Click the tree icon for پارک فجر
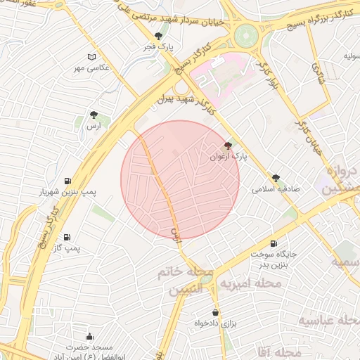pyautogui.click(x=159, y=36)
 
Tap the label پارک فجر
pyautogui.click(x=159, y=46)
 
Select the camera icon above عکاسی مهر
pyautogui.click(x=91, y=57)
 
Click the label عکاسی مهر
pyautogui.click(x=91, y=67)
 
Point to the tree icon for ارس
pyautogui.click(x=92, y=114)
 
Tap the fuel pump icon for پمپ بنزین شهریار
pyautogui.click(x=67, y=181)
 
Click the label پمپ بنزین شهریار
pyautogui.click(x=67, y=191)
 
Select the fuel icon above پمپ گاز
pyautogui.click(x=67, y=238)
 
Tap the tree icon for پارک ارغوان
pyautogui.click(x=226, y=146)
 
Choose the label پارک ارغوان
pyautogui.click(x=226, y=156)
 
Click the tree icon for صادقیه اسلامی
pyautogui.click(x=276, y=178)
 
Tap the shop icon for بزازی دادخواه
pyautogui.click(x=215, y=312)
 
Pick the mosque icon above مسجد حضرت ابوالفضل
pyautogui.click(x=89, y=336)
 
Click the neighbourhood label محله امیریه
pyautogui.click(x=251, y=283)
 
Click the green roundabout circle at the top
pyautogui.click(x=247, y=34)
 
